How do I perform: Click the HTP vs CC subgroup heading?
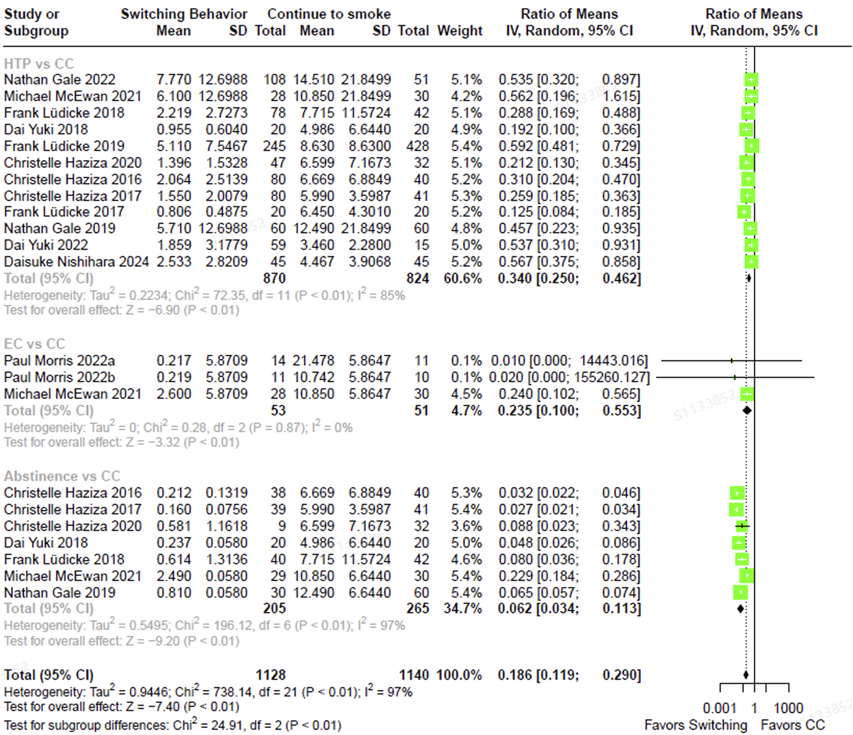39,64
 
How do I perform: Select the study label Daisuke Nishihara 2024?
76,262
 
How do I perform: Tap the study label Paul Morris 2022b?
59,377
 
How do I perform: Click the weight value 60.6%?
462,279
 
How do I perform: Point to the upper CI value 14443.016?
614,361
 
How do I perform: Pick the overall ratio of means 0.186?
515,675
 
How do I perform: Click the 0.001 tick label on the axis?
719,708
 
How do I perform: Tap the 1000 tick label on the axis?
788,708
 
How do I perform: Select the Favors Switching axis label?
696,725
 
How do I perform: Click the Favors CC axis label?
792,725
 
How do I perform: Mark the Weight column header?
460,31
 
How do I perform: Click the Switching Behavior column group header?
184,14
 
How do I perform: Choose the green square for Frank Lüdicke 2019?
752,146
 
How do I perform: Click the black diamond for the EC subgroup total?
747,411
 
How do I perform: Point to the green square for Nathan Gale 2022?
751,79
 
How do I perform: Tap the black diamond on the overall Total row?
746,675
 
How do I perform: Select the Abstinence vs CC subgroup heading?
62,476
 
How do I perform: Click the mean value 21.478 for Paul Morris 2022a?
314,361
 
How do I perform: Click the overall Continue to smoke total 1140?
414,675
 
